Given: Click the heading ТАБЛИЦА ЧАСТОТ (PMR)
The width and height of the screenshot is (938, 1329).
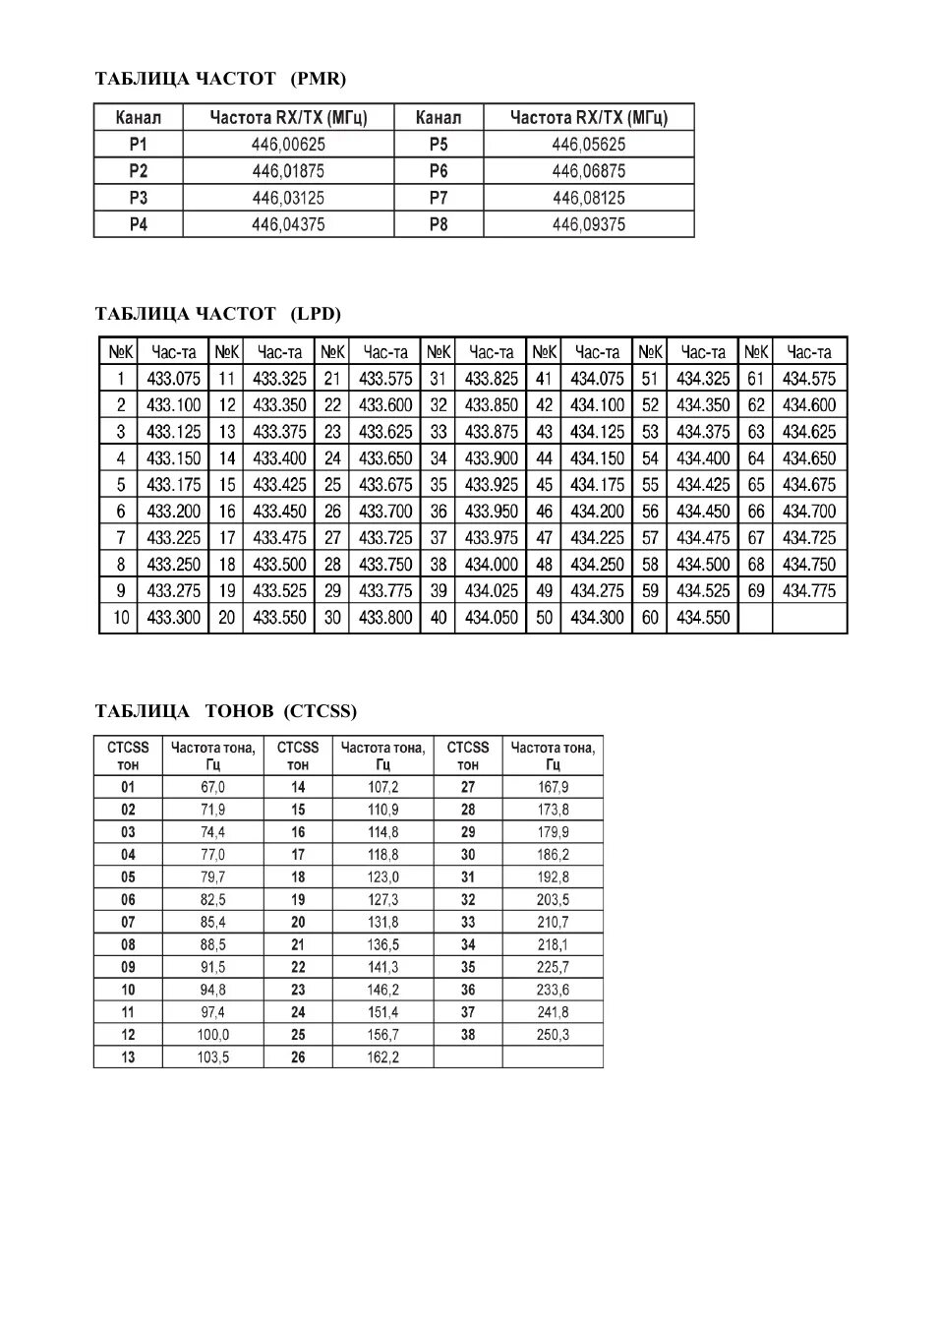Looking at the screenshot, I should pos(220,79).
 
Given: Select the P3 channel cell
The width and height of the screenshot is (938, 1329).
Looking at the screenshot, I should pos(139,198).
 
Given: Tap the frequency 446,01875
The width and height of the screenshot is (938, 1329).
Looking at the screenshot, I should pos(288,171).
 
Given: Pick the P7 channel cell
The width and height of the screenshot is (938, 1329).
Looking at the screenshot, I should pos(439,198).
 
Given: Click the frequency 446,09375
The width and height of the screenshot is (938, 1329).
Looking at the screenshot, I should pos(588,224).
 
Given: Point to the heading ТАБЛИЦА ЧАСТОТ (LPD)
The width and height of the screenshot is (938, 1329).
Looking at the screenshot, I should pos(217,314).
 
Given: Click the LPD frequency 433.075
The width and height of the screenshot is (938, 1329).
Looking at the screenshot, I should pos(173,379).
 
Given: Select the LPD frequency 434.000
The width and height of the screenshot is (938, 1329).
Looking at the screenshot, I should pos(491,565).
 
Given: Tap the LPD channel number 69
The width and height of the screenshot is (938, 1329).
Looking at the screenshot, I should pos(755,591).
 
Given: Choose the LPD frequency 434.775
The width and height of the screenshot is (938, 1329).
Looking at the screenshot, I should pos(809,591).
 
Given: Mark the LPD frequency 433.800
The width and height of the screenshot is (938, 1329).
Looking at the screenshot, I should pos(385,618).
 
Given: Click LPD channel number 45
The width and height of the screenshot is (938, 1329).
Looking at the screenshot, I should pos(544,485).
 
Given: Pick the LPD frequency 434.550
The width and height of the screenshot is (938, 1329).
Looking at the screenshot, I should pos(703,618).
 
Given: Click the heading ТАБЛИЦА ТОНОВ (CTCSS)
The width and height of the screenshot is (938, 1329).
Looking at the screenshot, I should pos(226,711).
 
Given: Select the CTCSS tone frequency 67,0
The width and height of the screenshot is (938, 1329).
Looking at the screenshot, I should pos(213,787).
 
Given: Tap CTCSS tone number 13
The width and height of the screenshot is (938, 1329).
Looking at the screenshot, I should pos(128,1057).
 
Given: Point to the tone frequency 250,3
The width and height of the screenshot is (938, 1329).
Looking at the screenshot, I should pos(553,1035).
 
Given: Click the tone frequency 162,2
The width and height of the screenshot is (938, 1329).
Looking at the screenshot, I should pos(382,1057).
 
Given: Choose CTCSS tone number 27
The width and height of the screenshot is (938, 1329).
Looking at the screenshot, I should pos(468,787).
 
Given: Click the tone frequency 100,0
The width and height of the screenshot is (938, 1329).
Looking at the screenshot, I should pos(213,1035).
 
